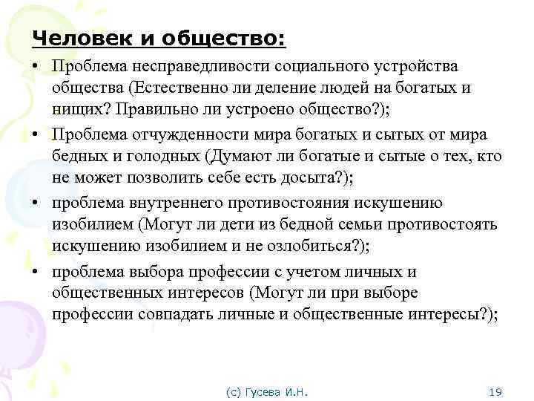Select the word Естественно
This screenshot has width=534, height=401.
click(176, 88)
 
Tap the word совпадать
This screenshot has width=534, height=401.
click(179, 314)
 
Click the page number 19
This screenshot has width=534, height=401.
click(497, 391)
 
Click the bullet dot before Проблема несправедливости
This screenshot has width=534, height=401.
click(35, 66)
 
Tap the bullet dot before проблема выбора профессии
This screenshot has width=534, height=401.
click(35, 271)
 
